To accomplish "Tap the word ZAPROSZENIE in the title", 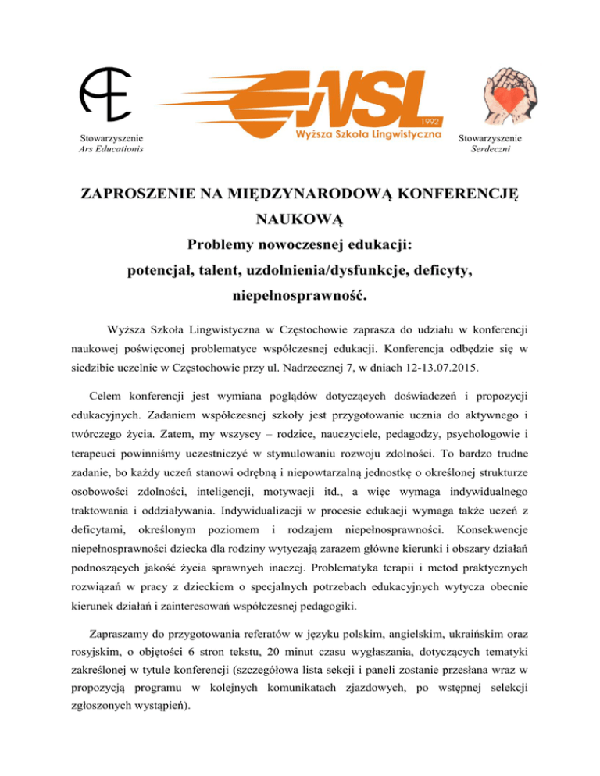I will click(x=153, y=193).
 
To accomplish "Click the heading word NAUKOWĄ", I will click(x=301, y=220).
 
